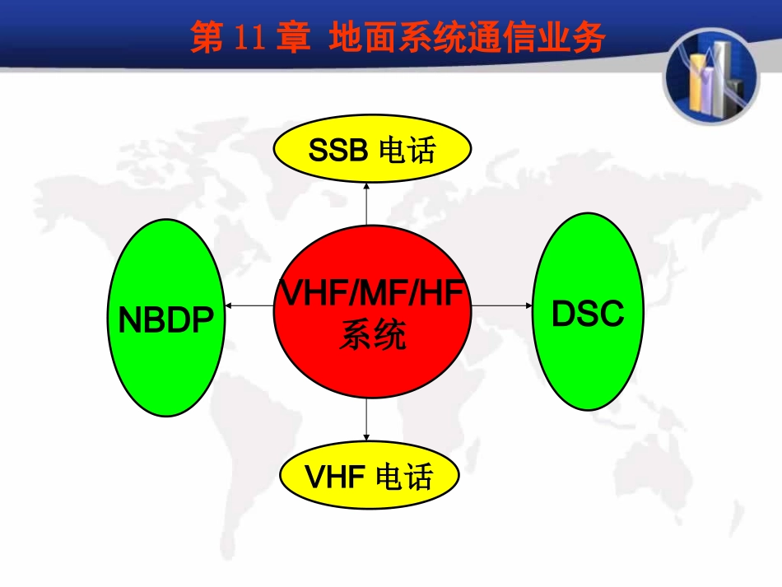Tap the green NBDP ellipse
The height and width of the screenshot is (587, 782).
tap(167, 318)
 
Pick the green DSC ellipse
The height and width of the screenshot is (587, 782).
tap(588, 312)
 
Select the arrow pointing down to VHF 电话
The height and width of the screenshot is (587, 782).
tap(365, 423)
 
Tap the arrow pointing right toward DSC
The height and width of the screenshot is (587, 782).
tap(501, 305)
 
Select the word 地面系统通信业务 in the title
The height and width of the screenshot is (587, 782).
tap(467, 39)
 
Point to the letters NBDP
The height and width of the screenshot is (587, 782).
tap(167, 319)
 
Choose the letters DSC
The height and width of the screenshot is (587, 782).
tap(588, 314)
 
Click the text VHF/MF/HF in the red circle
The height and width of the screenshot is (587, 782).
tap(367, 293)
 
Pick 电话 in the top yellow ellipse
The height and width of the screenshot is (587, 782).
tap(407, 151)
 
